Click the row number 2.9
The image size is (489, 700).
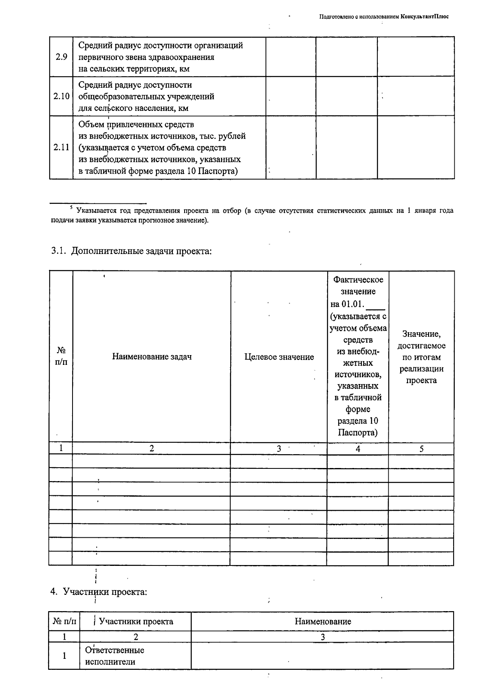61,57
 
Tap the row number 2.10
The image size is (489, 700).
61,97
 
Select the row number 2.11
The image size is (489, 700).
61,148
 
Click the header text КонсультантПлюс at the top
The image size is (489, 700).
425,17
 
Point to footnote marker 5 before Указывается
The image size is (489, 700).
71,209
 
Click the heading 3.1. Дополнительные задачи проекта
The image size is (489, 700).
131,251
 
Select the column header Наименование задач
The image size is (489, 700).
152,357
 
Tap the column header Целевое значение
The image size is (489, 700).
279,357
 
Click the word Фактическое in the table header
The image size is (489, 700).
358,280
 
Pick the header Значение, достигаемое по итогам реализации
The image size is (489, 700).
421,357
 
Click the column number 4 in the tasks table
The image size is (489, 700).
358,449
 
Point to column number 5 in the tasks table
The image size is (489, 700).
421,449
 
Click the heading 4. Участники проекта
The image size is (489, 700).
99,592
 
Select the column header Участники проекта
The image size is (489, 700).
136,621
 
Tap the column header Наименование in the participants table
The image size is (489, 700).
323,621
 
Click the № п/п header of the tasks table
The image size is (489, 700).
61,356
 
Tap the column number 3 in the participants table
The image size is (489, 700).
323,637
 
